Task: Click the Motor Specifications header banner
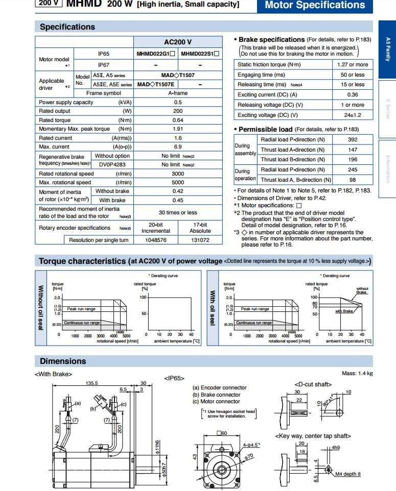(315, 5)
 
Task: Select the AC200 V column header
(177, 42)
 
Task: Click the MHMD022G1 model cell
(156, 54)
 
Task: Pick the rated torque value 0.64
(177, 120)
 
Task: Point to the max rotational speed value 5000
(177, 182)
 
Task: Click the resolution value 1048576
(156, 240)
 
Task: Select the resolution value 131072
(200, 240)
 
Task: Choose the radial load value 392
(353, 139)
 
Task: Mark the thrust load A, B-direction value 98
(353, 180)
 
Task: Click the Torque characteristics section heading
(82, 261)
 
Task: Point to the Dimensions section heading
(63, 361)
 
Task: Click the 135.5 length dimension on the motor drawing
(92, 383)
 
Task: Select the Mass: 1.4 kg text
(357, 373)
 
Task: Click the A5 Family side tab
(387, 49)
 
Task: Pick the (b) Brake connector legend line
(216, 395)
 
